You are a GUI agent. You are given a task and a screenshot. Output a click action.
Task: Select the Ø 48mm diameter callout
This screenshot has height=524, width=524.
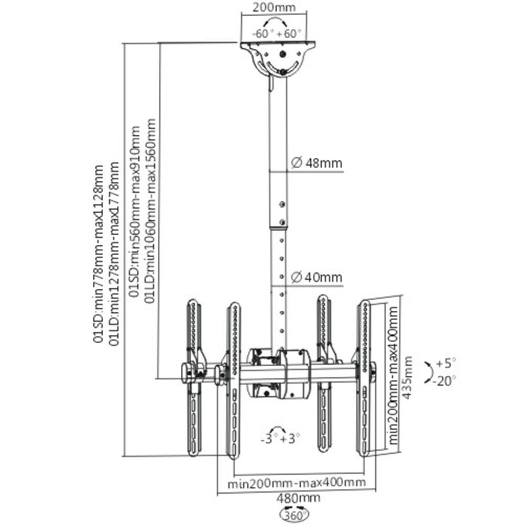[316, 163]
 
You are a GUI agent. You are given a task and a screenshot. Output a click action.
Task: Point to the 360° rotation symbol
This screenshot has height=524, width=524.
[296, 514]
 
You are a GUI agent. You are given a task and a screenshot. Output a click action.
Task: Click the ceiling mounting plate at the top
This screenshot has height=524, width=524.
[278, 45]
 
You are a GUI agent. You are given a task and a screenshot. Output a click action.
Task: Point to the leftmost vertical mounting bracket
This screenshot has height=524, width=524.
[193, 377]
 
